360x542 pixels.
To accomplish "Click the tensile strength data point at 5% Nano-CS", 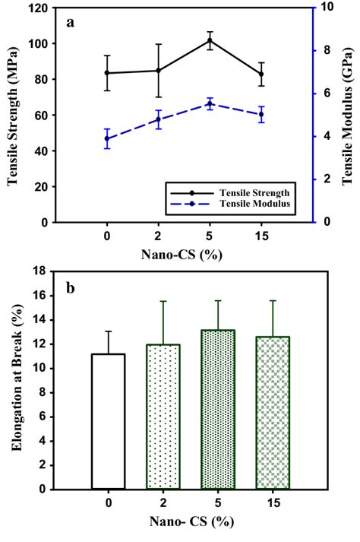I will (x=210, y=40).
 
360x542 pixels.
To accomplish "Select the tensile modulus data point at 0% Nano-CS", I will (x=106, y=138).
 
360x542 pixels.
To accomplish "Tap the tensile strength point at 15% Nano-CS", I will (x=261, y=74).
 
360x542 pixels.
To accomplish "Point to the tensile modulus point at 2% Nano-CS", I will (x=158, y=119).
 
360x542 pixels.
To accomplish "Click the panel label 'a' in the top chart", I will (x=71, y=21).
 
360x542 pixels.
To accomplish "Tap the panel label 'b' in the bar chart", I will (x=71, y=289).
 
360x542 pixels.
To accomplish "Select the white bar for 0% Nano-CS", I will (x=107, y=421).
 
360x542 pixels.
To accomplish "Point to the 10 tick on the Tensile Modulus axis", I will (x=327, y=8).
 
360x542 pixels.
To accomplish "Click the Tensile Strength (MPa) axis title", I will (x=13, y=116).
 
